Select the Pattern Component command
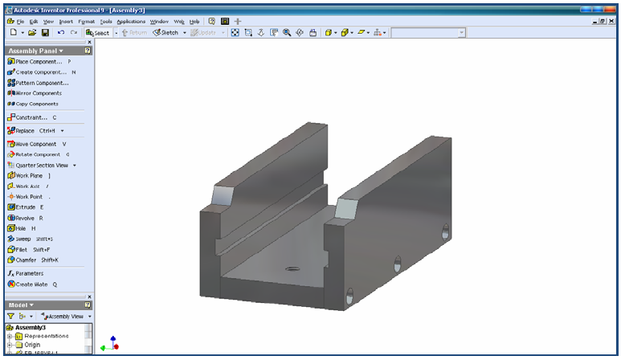(x=42, y=83)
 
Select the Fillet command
(x=22, y=249)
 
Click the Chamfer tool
(x=27, y=260)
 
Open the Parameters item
(x=29, y=273)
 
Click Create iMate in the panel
(x=31, y=284)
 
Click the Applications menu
(x=131, y=21)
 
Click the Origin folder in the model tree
(x=32, y=344)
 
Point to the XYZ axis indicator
(x=110, y=344)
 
